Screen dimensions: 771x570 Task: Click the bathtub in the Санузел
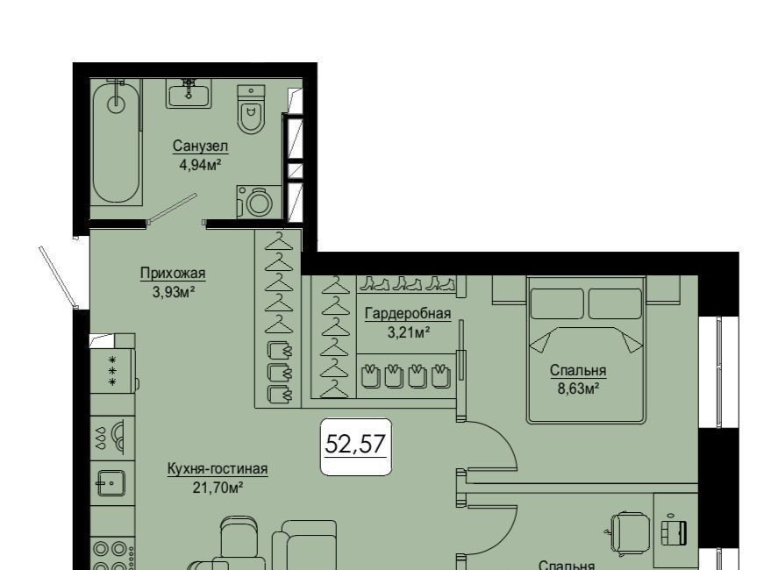[117, 142]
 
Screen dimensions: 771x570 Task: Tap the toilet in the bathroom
[251, 110]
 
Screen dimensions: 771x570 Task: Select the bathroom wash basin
[189, 94]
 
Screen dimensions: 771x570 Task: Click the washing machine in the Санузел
[259, 202]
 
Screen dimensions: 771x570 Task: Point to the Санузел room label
[200, 146]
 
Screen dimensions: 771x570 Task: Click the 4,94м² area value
[200, 164]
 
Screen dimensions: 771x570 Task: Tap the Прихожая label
[173, 273]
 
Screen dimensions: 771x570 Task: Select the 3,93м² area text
[174, 292]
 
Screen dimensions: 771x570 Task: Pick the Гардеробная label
[408, 314]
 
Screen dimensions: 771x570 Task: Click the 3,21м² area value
[409, 332]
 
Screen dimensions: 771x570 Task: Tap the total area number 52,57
[355, 445]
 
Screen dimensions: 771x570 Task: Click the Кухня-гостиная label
[218, 468]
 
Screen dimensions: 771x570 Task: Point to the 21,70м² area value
[218, 488]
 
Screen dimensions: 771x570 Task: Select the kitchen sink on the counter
[111, 483]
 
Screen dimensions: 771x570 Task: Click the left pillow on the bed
[557, 303]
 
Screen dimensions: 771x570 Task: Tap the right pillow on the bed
[615, 303]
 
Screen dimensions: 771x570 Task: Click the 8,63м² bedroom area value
[578, 389]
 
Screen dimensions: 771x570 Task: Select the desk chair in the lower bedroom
[630, 531]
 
